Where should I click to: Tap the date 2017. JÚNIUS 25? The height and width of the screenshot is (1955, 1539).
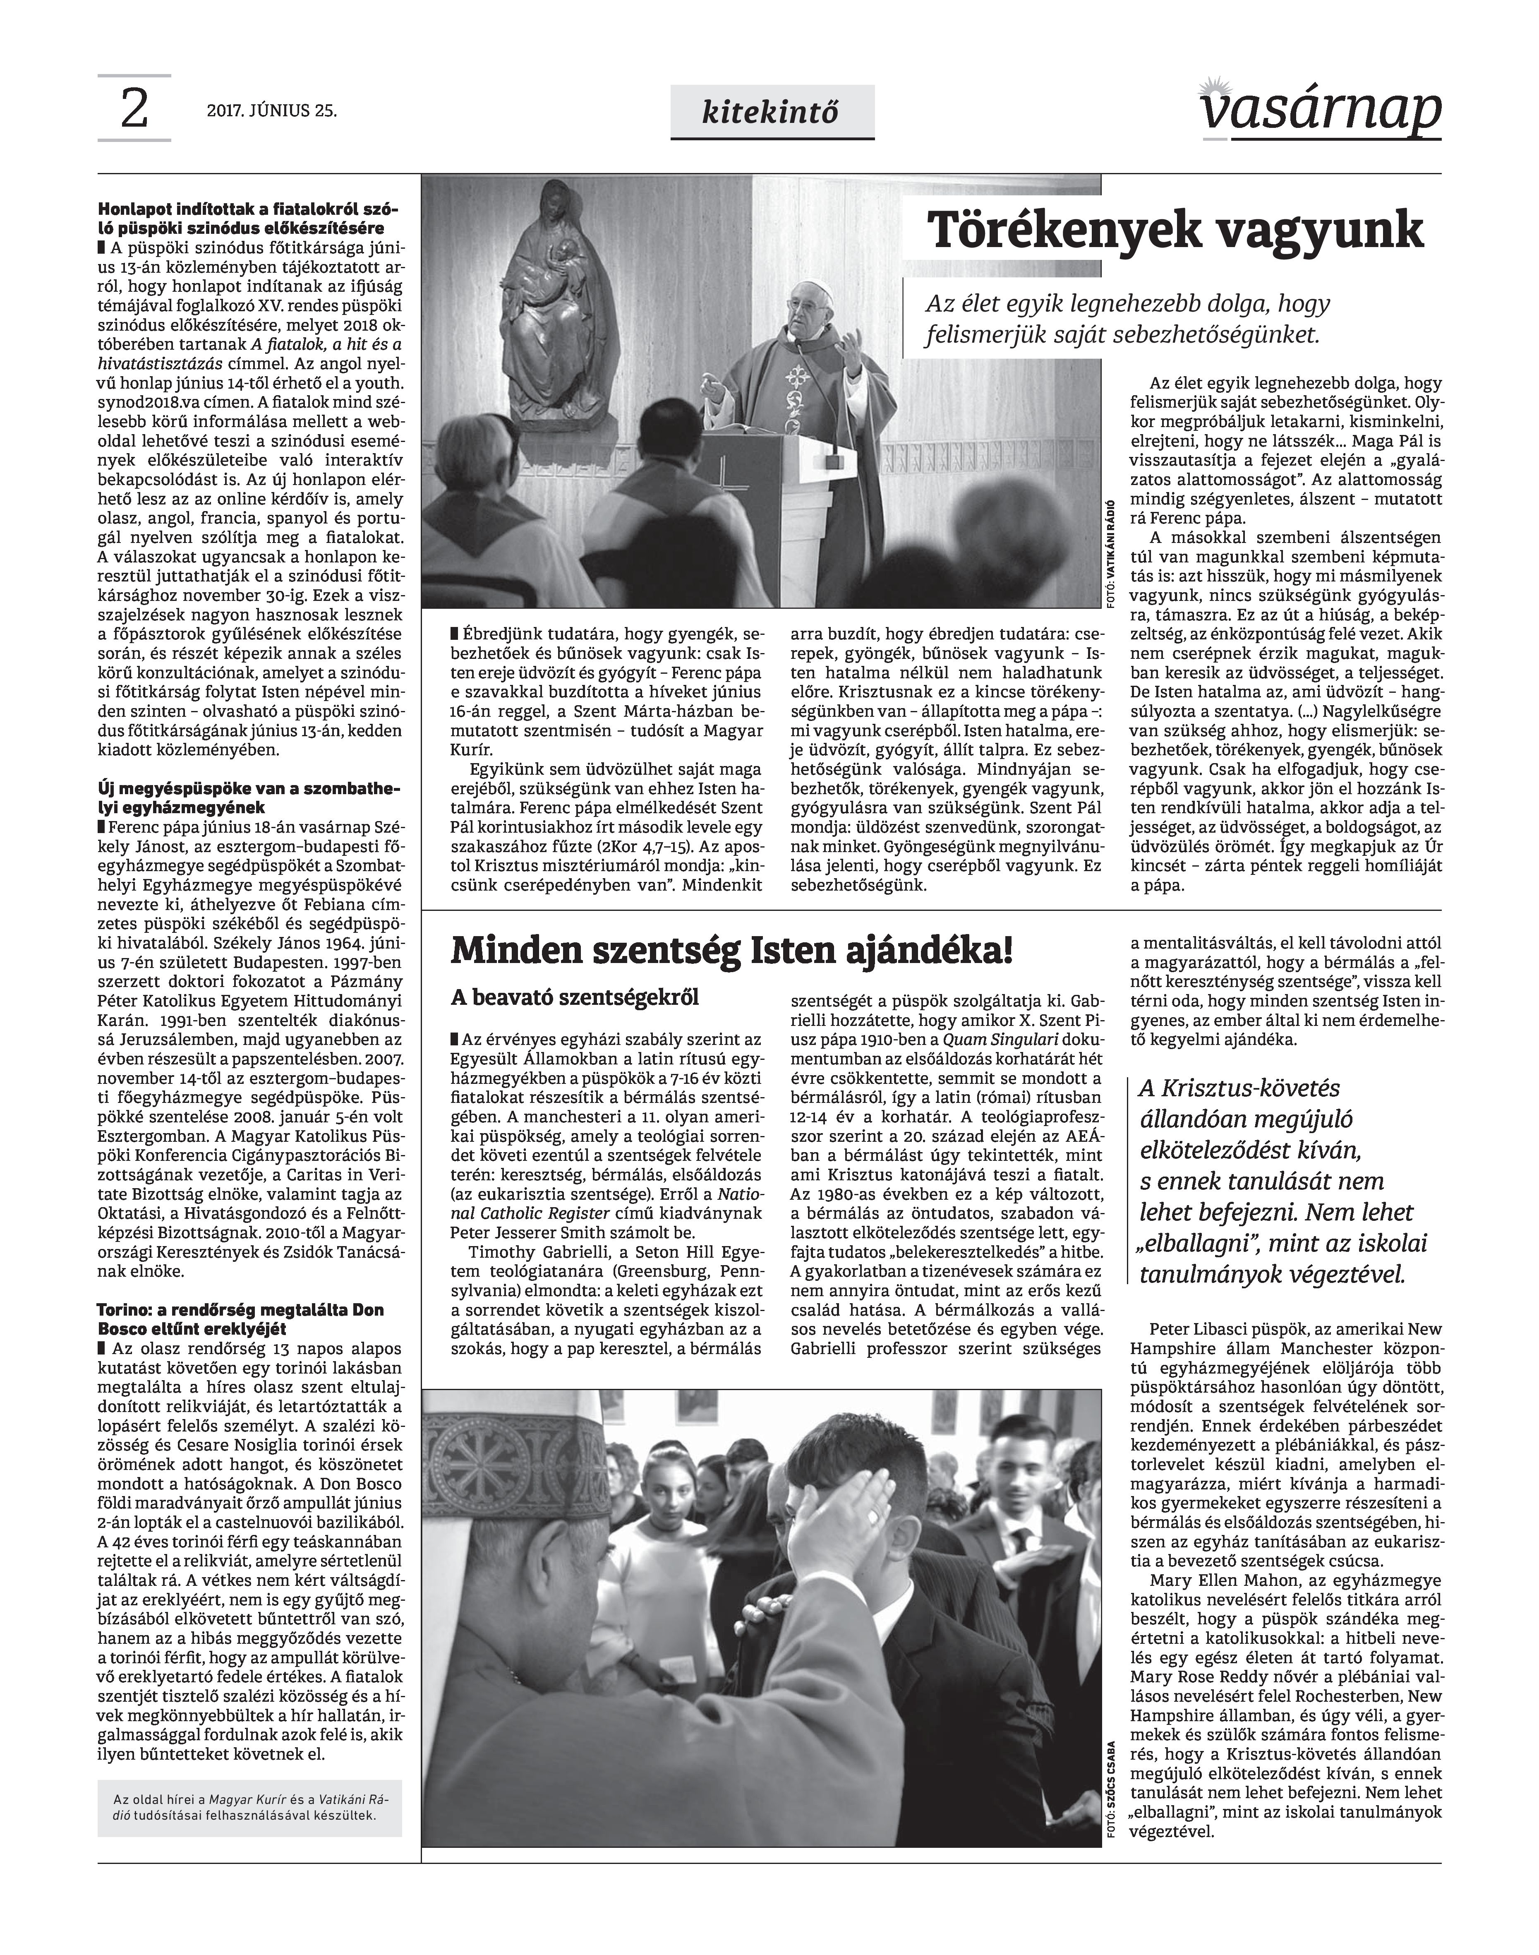pyautogui.click(x=272, y=112)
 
